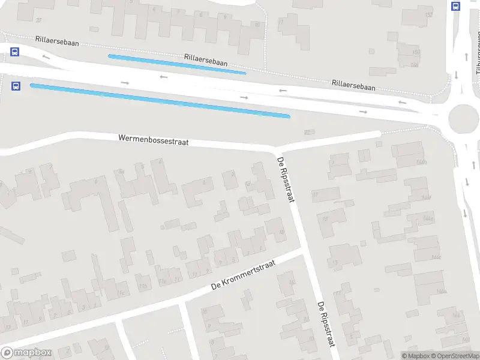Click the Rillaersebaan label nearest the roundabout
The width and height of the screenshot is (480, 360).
(x=353, y=85)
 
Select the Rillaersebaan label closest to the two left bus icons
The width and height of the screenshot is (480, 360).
(x=57, y=41)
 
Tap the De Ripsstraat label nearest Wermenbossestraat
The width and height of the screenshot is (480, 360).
(x=286, y=179)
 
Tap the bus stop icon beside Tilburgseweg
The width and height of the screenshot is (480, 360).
(x=455, y=7)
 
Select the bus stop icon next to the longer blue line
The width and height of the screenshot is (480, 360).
(x=16, y=86)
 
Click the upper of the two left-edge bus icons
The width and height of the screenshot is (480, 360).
(x=14, y=52)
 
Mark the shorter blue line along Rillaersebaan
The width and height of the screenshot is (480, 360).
(x=177, y=64)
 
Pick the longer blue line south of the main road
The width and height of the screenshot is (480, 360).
(x=160, y=100)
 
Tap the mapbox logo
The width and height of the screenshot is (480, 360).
(x=25, y=353)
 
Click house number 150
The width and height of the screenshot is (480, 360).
(x=416, y=53)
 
